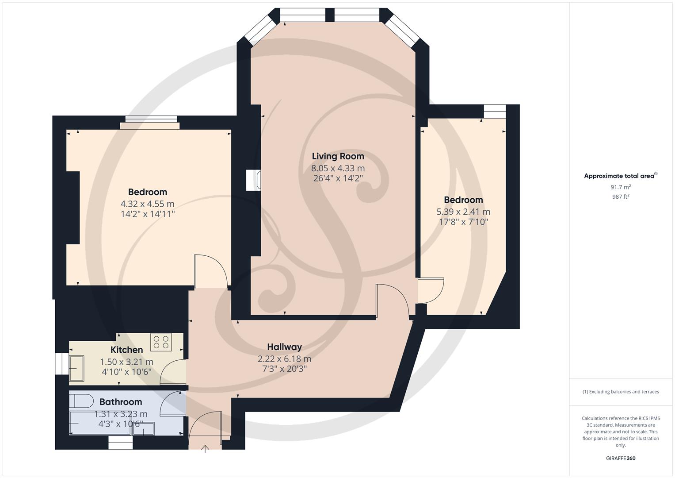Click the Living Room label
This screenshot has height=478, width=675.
click(338, 156)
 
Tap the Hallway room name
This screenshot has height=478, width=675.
click(284, 347)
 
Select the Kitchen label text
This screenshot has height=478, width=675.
click(126, 350)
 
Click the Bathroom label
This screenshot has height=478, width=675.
click(120, 402)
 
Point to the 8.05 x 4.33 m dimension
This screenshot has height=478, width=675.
click(338, 168)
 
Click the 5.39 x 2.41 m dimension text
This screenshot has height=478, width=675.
click(463, 212)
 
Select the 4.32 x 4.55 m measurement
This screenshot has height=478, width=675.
click(147, 204)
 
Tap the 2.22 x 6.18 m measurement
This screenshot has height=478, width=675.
click(284, 359)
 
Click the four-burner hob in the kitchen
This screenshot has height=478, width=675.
click(161, 342)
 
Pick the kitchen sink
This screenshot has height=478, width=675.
click(76, 368)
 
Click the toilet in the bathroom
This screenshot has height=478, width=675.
click(81, 401)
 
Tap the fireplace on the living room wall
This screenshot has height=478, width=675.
click(254, 181)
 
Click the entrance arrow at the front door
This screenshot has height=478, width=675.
click(206, 449)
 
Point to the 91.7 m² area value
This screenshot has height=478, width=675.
click(621, 187)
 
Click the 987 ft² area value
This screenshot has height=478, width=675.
click(621, 197)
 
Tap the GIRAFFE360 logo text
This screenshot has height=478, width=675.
click(621, 459)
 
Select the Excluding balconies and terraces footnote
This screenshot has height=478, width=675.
click(621, 392)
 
